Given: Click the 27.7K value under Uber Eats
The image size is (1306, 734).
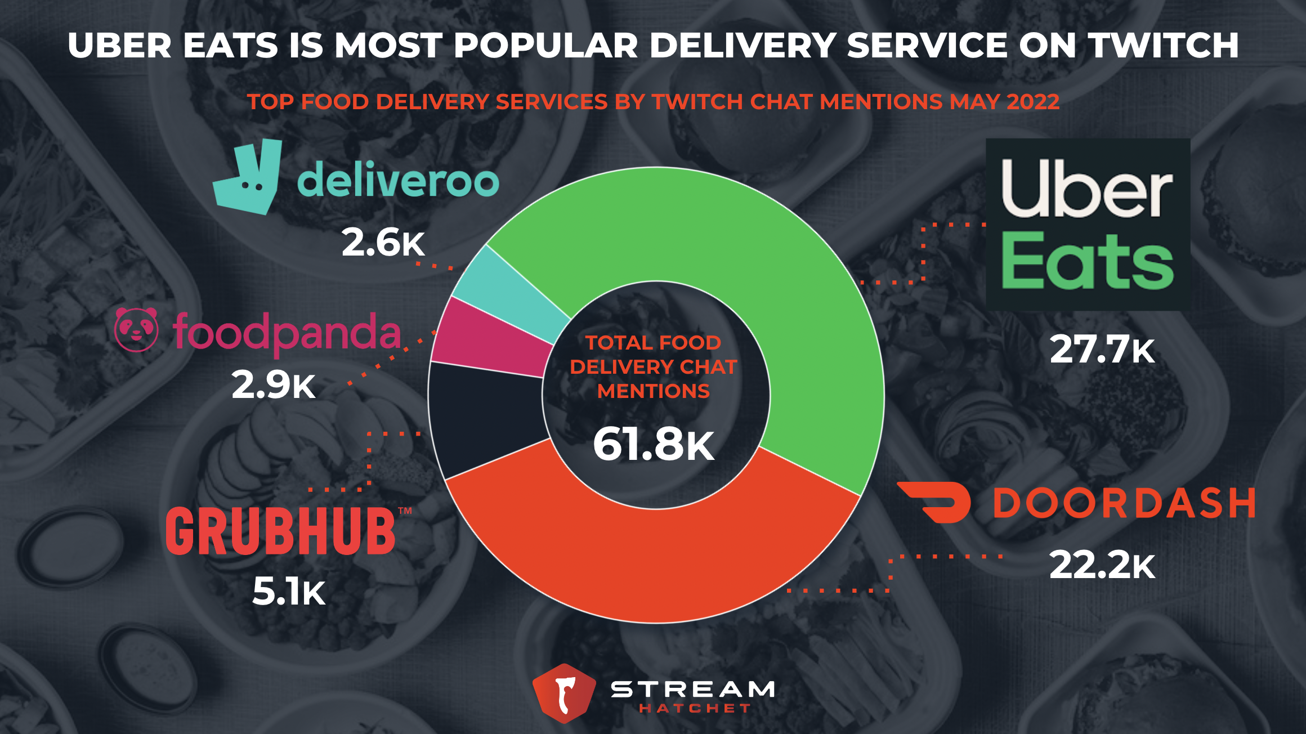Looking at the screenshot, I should click(x=1102, y=350).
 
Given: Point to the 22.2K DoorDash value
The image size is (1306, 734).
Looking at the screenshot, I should click(x=1102, y=565).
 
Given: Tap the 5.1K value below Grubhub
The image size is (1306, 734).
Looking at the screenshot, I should click(x=289, y=592).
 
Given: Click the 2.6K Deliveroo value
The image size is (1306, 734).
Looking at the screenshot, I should click(x=383, y=243).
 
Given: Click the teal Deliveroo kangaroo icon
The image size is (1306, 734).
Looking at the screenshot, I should click(x=248, y=177).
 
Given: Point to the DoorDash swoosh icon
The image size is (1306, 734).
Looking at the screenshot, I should click(x=934, y=502).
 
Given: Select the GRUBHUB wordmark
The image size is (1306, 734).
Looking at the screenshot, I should click(x=281, y=530).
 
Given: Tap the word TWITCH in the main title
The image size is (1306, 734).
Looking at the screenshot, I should click(x=1162, y=45).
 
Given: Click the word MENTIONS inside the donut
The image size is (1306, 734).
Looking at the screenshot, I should click(x=653, y=391).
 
